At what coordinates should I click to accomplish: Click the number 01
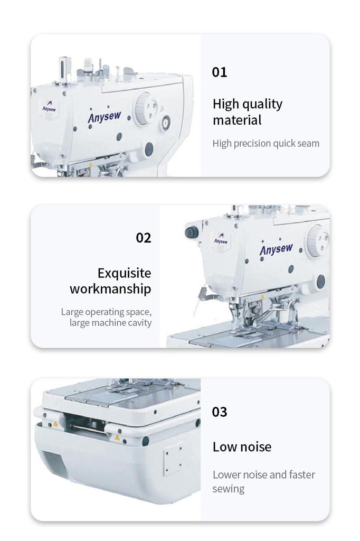point(219,72)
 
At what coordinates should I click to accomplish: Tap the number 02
point(144,238)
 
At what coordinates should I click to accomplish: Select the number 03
point(219,412)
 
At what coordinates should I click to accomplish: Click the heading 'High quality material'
point(247,112)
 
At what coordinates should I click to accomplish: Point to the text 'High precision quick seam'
point(266,143)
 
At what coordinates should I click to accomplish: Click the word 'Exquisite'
point(124,273)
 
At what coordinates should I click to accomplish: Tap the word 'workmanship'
point(110,289)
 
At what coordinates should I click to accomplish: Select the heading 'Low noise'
point(242,447)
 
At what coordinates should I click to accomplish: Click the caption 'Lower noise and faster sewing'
point(263,481)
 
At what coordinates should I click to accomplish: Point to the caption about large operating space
point(106,317)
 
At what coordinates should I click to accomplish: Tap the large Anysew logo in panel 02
point(276,249)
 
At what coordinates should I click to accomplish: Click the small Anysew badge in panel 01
point(49,107)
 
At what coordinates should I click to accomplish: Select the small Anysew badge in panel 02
point(221,239)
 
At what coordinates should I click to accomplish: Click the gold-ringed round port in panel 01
point(165,123)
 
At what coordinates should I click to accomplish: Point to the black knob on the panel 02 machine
point(192,232)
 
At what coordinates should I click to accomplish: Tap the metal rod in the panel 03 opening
point(88,429)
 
